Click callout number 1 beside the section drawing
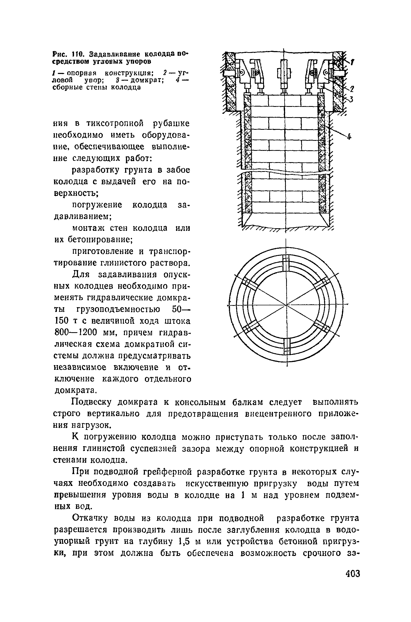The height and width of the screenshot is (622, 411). [353, 62]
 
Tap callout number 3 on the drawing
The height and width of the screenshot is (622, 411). [351, 99]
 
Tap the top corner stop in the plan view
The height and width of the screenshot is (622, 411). [286, 262]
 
